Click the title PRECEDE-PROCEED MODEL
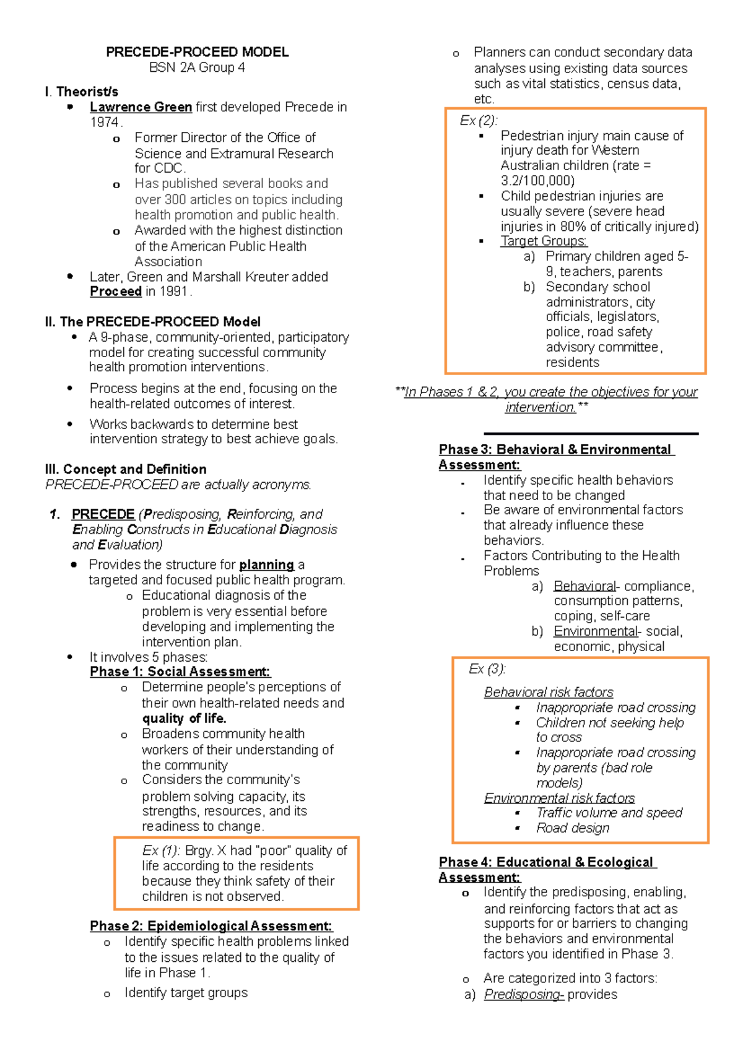pyautogui.click(x=197, y=52)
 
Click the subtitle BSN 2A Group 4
pyautogui.click(x=197, y=67)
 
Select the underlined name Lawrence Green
pyautogui.click(x=141, y=107)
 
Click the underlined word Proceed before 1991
pyautogui.click(x=116, y=292)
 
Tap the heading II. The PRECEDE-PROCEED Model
pyautogui.click(x=152, y=322)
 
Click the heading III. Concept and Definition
pyautogui.click(x=126, y=469)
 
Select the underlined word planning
pyautogui.click(x=266, y=564)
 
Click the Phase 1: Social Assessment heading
pyautogui.click(x=180, y=672)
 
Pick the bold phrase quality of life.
pyautogui.click(x=184, y=719)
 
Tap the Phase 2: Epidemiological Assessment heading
pyautogui.click(x=211, y=926)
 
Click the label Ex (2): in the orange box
pyautogui.click(x=478, y=121)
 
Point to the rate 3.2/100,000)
pyautogui.click(x=537, y=181)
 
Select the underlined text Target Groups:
pyautogui.click(x=544, y=241)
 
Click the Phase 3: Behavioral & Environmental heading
pyautogui.click(x=555, y=449)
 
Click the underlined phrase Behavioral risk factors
pyautogui.click(x=549, y=692)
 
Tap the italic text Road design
pyautogui.click(x=573, y=828)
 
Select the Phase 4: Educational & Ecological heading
pyautogui.click(x=547, y=862)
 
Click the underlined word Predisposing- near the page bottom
pyautogui.click(x=523, y=995)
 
